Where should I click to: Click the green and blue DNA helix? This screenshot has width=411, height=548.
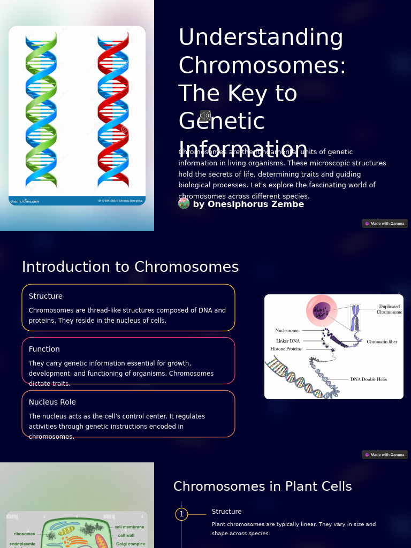[x=41, y=110]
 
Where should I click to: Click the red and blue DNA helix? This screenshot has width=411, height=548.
[x=113, y=110]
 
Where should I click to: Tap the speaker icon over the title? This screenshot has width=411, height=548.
[x=205, y=116]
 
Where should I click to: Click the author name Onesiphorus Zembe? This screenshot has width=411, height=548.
[x=248, y=204]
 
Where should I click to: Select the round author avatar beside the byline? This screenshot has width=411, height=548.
[x=184, y=203]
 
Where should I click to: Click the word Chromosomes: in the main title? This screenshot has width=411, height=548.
[x=262, y=65]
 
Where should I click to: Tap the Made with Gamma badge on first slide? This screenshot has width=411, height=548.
[x=385, y=224]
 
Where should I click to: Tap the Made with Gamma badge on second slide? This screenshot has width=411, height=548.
[x=385, y=455]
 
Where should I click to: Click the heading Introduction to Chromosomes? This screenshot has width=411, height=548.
[x=130, y=267]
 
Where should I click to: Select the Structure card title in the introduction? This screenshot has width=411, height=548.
[x=45, y=296]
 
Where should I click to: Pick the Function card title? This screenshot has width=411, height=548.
[x=44, y=349]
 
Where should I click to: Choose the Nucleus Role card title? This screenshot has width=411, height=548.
[x=52, y=402]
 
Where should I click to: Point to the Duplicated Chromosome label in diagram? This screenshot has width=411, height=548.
[x=389, y=309]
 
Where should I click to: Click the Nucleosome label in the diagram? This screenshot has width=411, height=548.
[x=287, y=330]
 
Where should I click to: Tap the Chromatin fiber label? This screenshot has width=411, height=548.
[x=382, y=341]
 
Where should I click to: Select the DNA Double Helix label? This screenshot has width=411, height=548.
[x=368, y=379]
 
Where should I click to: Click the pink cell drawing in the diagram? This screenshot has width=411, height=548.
[x=322, y=310]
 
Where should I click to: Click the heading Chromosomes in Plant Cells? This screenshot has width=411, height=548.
[x=262, y=486]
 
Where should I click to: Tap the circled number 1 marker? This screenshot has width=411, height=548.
[x=181, y=514]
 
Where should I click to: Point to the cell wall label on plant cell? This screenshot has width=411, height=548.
[x=126, y=535]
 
